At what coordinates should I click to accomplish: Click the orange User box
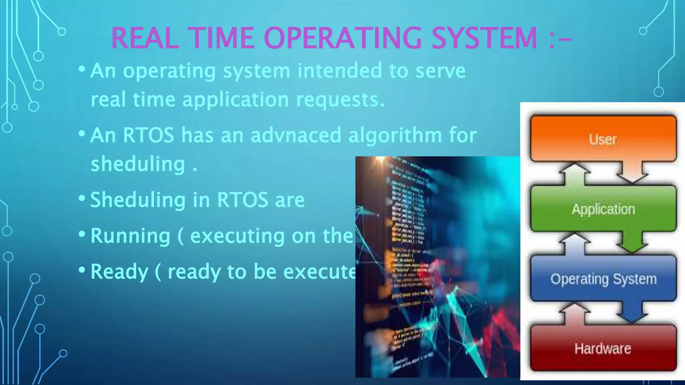click(x=603, y=139)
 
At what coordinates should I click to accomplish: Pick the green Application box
click(x=603, y=209)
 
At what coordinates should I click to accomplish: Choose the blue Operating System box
click(x=603, y=279)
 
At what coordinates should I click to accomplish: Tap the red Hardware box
click(x=603, y=348)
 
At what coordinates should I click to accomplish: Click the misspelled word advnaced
click(x=296, y=135)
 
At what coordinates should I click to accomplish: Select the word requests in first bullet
click(x=340, y=100)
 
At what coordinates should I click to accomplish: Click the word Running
click(x=130, y=236)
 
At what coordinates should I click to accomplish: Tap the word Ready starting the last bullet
click(x=119, y=272)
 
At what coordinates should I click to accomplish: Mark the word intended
click(x=339, y=71)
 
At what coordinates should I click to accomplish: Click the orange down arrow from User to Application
click(x=632, y=172)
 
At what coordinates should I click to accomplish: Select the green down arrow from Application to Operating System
click(x=632, y=242)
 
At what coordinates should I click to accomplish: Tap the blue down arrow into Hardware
click(x=632, y=312)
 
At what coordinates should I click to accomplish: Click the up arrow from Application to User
click(x=575, y=173)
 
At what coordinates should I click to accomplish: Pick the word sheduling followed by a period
click(x=138, y=164)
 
